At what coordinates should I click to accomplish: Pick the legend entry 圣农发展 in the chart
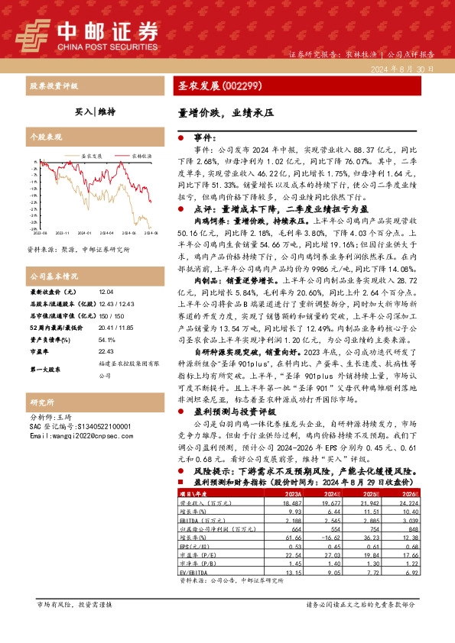[x=92, y=155]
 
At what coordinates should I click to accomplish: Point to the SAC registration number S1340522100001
[x=86, y=427]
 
